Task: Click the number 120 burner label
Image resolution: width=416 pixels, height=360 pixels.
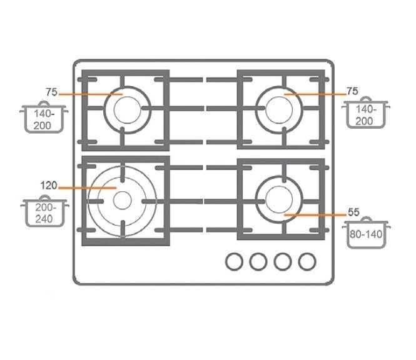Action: (x=49, y=185)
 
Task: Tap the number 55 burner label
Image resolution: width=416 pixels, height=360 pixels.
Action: (x=353, y=212)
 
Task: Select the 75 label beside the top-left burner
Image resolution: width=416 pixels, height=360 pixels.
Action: (x=51, y=92)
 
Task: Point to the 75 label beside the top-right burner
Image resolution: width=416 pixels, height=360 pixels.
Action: (x=352, y=91)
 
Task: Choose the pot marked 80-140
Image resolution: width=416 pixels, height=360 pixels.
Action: (x=366, y=232)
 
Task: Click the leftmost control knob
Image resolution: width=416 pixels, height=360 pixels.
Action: (x=234, y=262)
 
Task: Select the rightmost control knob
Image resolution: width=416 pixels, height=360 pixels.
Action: (x=307, y=262)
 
